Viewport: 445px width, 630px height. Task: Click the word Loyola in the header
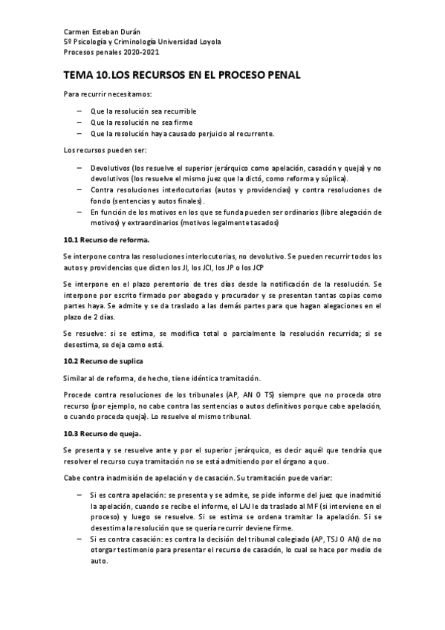coord(207,42)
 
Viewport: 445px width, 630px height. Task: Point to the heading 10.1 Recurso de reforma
coord(107,239)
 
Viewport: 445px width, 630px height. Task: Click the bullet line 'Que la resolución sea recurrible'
coord(143,111)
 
